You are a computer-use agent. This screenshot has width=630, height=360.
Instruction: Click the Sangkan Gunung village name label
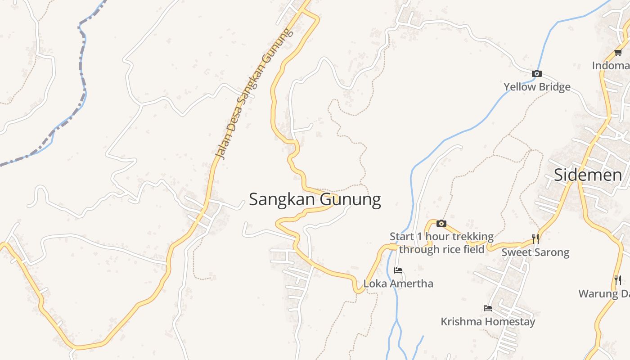[x=315, y=199]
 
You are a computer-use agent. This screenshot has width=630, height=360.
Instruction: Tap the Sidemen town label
[x=588, y=175]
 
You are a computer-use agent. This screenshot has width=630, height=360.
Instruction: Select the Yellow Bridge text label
[x=537, y=87]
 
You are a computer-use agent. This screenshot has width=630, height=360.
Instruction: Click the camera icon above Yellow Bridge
[x=536, y=73]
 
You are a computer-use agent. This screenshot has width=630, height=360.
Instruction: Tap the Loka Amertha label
[x=398, y=283]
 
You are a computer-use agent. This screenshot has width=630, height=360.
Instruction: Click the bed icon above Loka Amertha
[x=398, y=270]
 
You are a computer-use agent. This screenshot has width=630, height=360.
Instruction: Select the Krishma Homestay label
[x=488, y=322]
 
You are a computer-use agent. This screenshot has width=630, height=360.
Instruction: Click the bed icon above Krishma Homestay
[x=488, y=308]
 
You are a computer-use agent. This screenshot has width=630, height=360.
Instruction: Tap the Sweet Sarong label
[x=535, y=252]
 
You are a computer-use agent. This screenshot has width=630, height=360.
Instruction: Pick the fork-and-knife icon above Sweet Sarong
[x=535, y=238]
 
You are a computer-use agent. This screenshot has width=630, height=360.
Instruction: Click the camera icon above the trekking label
[x=441, y=223]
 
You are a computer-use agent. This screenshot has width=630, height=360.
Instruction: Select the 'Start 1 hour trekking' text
[x=441, y=237]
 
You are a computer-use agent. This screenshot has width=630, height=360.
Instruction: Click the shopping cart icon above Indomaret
[x=618, y=53]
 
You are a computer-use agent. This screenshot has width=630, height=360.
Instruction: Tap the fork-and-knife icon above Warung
[x=618, y=280]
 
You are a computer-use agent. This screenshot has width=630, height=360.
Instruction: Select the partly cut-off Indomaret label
[x=611, y=66]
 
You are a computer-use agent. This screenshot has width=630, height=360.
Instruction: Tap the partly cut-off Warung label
[x=604, y=294]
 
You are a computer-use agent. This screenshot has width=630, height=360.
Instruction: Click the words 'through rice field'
[x=441, y=249]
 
